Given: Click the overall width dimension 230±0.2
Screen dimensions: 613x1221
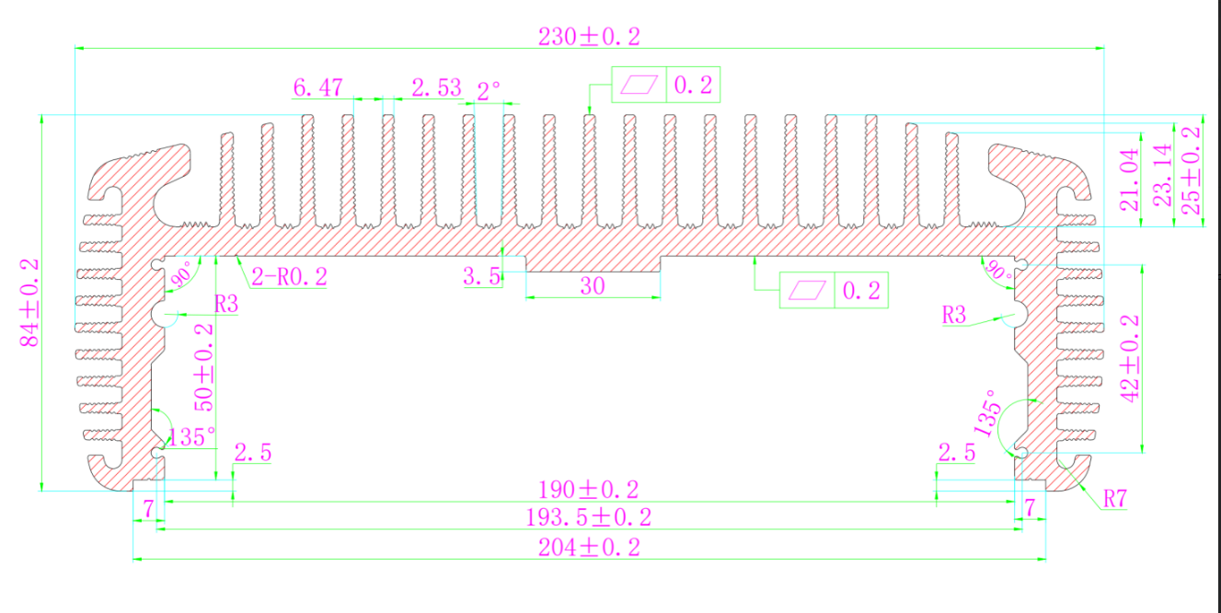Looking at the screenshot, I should click(x=588, y=37).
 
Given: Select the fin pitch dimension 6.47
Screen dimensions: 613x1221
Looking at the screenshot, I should click(x=317, y=88).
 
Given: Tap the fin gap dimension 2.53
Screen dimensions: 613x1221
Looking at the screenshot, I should click(x=436, y=88).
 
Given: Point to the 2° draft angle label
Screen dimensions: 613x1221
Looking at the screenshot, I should click(x=490, y=90).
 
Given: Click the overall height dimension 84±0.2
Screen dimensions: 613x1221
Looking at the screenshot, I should click(x=30, y=302).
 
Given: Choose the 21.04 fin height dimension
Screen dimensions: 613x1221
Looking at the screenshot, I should click(x=1131, y=179).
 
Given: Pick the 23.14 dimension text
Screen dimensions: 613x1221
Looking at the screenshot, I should click(x=1162, y=176).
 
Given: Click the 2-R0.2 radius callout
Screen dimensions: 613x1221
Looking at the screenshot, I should click(x=289, y=276).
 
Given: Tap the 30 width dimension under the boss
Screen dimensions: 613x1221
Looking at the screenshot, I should click(x=593, y=286).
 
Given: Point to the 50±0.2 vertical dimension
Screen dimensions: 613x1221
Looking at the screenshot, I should click(x=203, y=366).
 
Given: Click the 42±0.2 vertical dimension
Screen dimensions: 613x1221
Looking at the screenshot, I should click(x=1130, y=357).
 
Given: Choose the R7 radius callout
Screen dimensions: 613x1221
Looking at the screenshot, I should click(x=1114, y=499).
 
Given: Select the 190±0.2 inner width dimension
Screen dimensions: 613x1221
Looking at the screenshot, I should click(x=588, y=489).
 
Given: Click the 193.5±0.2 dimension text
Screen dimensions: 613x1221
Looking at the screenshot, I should click(x=588, y=517).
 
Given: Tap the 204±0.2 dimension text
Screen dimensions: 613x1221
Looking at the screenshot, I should click(x=588, y=547).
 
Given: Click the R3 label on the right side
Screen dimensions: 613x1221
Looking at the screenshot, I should click(x=954, y=316).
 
